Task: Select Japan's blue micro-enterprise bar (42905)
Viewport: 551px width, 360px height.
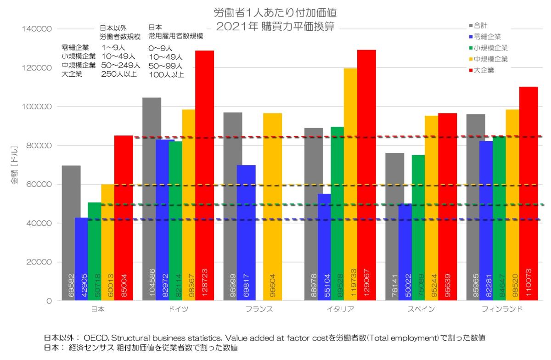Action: tap(81, 257)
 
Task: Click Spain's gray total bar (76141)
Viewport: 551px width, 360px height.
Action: tap(394, 225)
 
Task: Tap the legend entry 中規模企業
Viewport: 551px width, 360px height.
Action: tap(489, 59)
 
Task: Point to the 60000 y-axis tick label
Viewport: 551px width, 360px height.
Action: tap(35, 184)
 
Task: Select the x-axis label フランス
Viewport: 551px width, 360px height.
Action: tap(259, 309)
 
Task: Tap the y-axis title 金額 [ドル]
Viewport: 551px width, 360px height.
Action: tap(14, 165)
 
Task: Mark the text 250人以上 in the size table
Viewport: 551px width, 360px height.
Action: tap(118, 74)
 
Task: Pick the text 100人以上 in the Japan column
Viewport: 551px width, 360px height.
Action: tap(166, 74)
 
